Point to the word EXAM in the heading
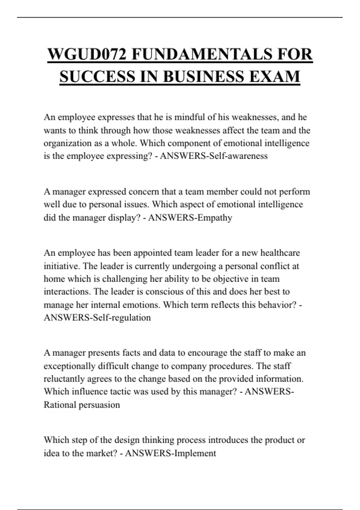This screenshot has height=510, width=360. (274, 76)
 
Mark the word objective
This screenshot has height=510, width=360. (231, 279)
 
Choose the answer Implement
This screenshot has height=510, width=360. (195, 453)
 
